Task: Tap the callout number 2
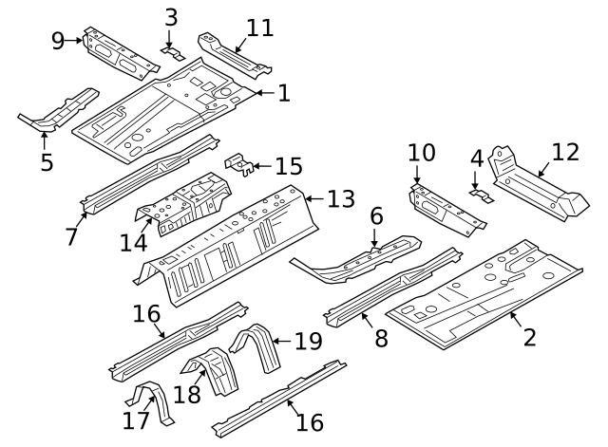[529, 335]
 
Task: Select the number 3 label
[171, 18]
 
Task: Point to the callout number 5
[46, 161]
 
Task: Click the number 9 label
[58, 39]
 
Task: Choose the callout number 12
[564, 152]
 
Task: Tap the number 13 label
[340, 199]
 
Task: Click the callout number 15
[288, 167]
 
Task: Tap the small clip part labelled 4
[483, 196]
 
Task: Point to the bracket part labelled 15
[239, 165]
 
